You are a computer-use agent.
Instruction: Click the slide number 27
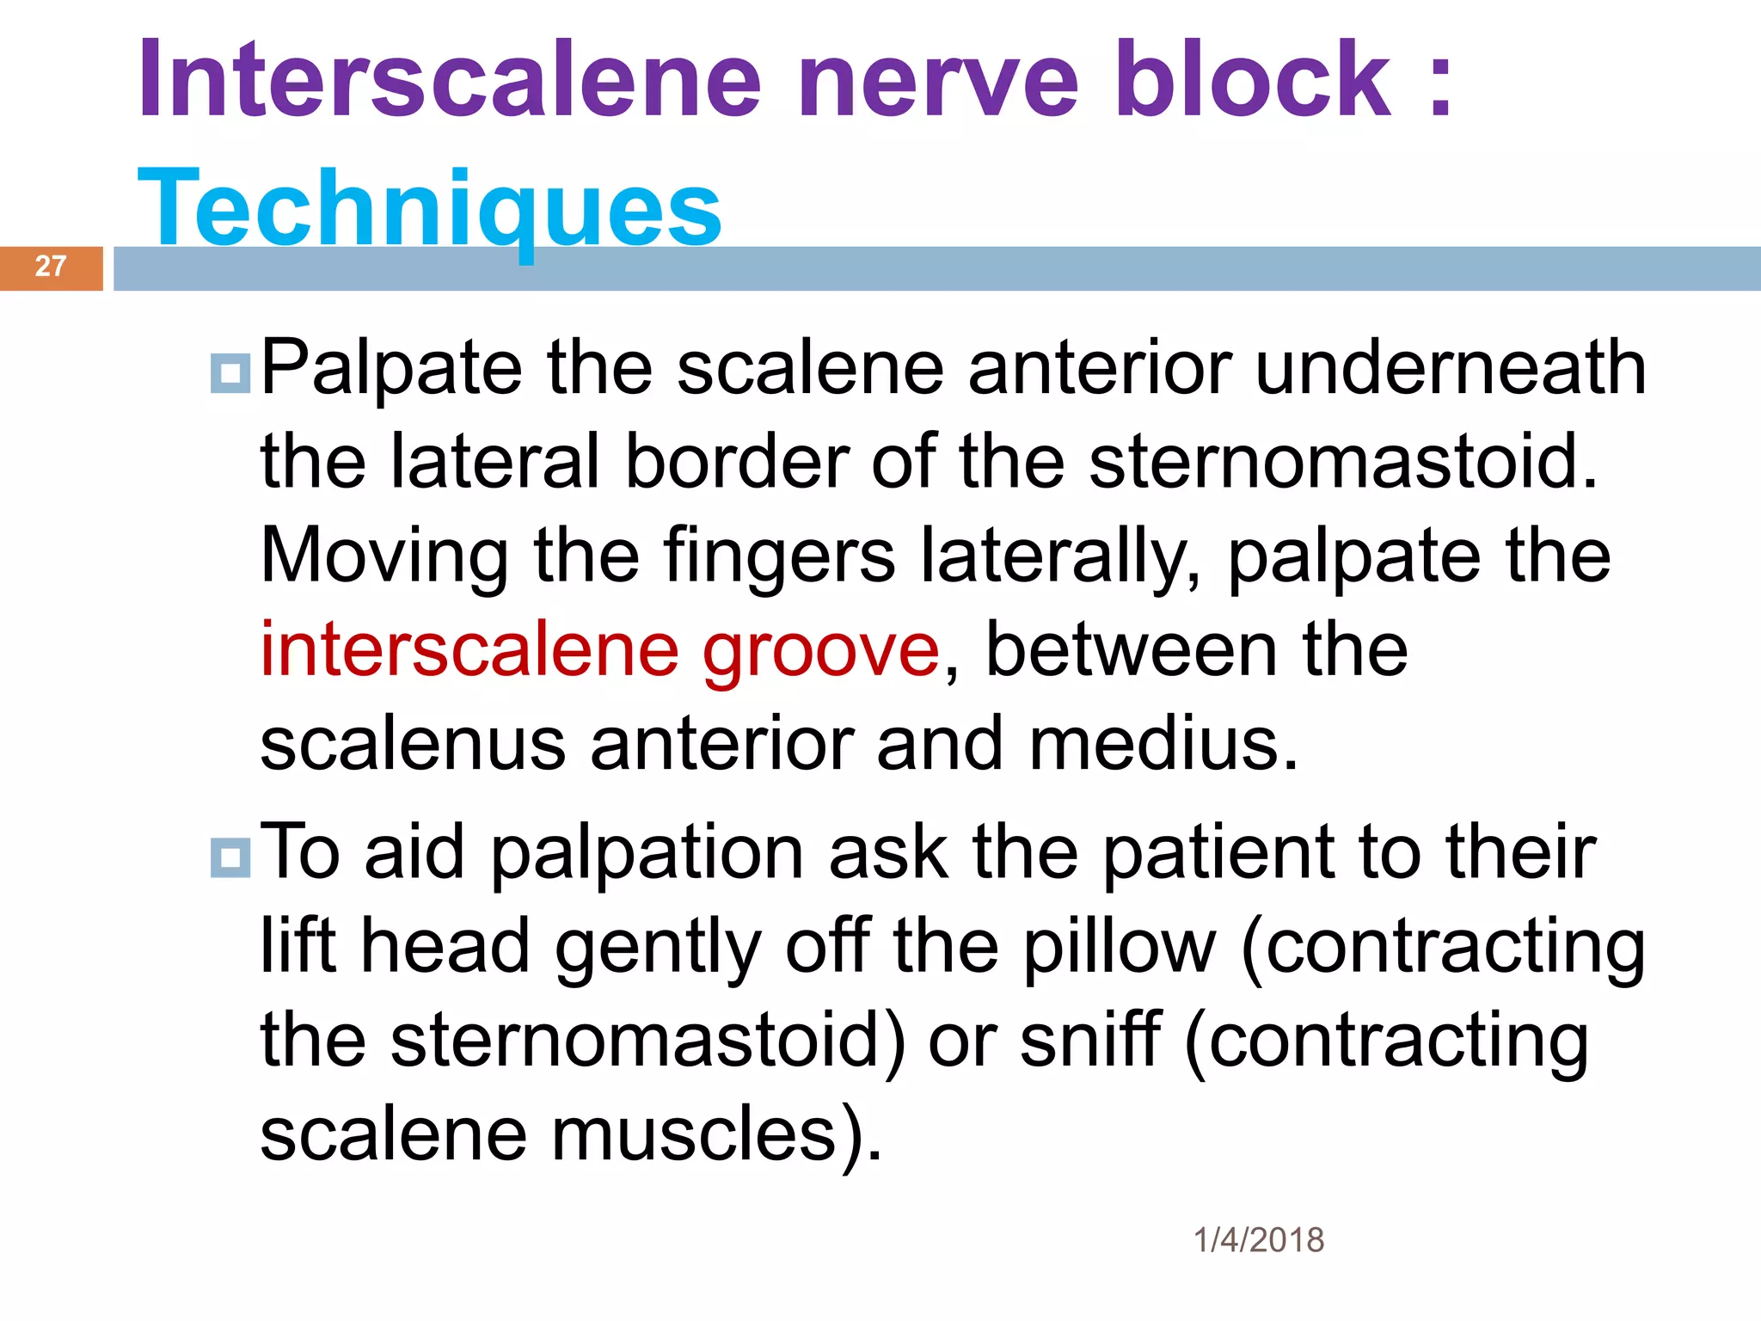(51, 267)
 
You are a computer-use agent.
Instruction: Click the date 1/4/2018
(1259, 1240)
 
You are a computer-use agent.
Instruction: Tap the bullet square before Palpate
(230, 373)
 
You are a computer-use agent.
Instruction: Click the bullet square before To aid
(230, 857)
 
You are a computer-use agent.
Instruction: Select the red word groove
(821, 651)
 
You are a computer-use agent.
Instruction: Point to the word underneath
(1451, 368)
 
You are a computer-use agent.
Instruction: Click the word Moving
(384, 557)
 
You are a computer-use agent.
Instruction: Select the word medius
(1163, 744)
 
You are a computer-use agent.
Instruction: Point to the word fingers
(779, 557)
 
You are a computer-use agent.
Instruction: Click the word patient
(1218, 853)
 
